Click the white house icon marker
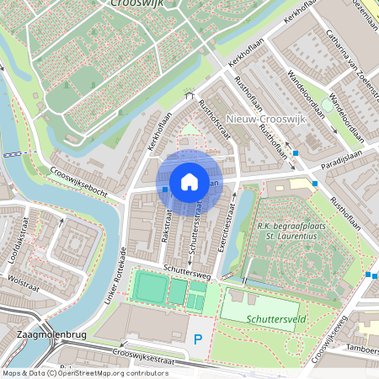pyautogui.click(x=189, y=181)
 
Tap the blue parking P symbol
pyautogui.click(x=199, y=339)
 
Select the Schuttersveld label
pyautogui.click(x=276, y=319)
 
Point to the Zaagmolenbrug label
pyautogui.click(x=42, y=335)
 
